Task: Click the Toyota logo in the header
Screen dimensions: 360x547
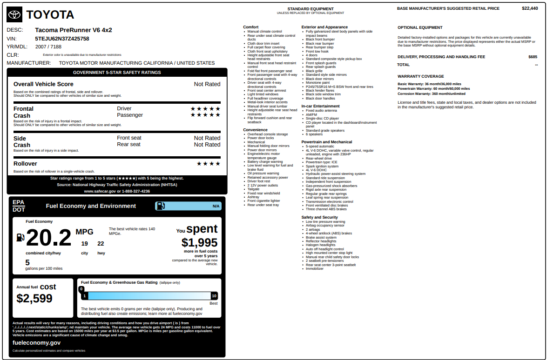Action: point(15,15)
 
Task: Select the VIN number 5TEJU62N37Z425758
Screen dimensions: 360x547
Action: point(62,39)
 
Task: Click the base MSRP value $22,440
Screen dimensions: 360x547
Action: point(530,8)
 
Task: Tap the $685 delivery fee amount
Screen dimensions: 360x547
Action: point(533,57)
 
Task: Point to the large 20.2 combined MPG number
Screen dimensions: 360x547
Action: point(48,238)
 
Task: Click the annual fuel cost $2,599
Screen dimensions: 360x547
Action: point(34,299)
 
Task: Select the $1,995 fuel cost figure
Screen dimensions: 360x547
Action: point(199,242)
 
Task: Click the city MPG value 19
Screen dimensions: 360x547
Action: point(85,243)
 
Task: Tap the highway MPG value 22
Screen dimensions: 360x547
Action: point(101,243)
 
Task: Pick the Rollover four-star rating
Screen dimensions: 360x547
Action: point(209,164)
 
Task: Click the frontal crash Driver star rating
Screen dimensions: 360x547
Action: point(205,109)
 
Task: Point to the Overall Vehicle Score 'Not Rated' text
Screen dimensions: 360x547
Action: point(207,84)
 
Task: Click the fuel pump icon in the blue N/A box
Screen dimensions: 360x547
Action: point(161,206)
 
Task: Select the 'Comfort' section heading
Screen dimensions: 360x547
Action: point(250,27)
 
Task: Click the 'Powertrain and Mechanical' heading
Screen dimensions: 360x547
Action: point(326,142)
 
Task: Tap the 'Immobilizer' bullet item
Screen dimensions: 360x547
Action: point(314,268)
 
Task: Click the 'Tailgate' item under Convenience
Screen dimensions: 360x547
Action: point(253,189)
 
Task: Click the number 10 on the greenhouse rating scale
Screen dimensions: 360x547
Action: point(214,296)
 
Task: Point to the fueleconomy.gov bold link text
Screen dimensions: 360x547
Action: point(36,342)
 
